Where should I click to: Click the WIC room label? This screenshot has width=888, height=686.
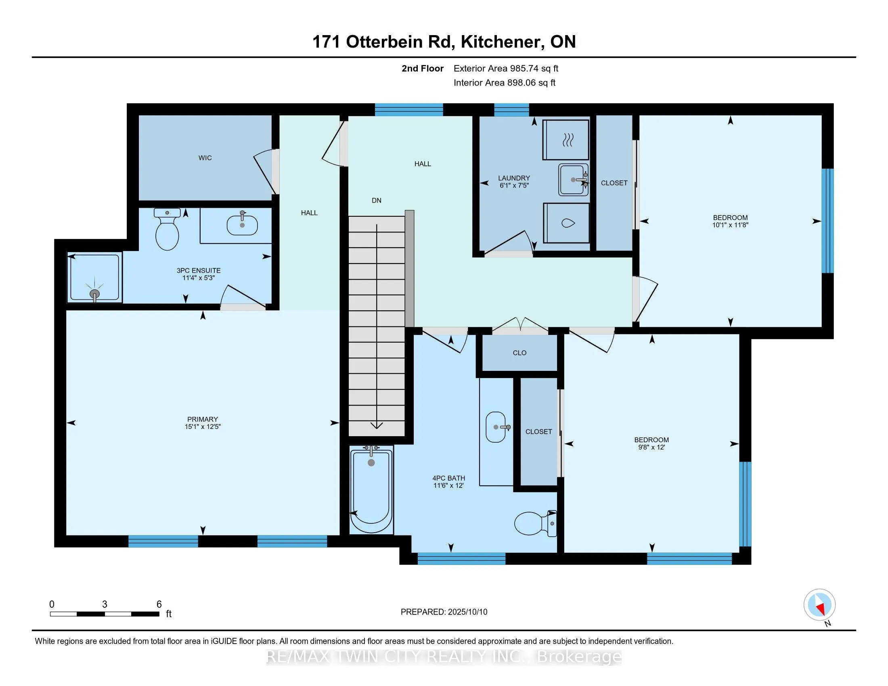[x=205, y=158]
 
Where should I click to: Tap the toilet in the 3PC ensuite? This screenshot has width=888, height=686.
[x=167, y=229]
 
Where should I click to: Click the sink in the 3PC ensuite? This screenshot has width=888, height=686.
[x=242, y=225]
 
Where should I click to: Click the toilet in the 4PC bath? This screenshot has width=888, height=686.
[x=536, y=523]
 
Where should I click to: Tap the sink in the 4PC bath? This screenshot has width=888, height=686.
[x=497, y=427]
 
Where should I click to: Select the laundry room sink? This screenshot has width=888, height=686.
[x=573, y=180]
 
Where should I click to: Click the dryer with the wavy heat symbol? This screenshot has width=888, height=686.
[x=566, y=139]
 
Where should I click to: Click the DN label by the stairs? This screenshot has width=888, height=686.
[x=377, y=201]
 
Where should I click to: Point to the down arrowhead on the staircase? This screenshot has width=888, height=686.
[x=377, y=425]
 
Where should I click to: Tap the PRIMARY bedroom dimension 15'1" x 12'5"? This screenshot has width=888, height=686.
[x=203, y=427]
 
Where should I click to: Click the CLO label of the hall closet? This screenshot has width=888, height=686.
[x=519, y=353]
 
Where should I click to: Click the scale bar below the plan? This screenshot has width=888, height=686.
[x=105, y=614]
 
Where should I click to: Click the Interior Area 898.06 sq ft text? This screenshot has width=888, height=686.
[x=505, y=83]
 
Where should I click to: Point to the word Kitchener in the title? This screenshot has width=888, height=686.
[x=503, y=42]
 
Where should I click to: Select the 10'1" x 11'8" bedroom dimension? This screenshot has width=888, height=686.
[x=730, y=225]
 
